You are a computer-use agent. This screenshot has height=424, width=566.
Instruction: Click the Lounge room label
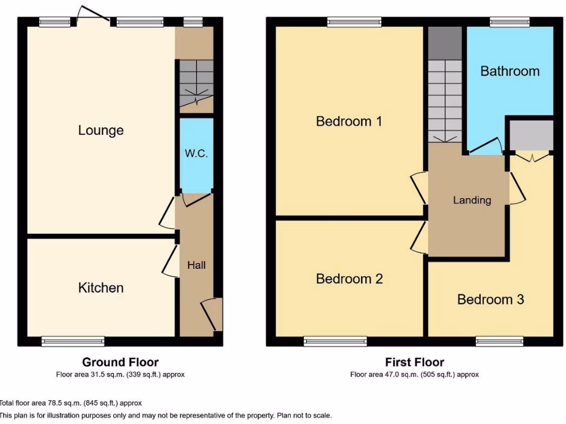click(101, 131)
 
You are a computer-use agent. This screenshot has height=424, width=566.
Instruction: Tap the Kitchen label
click(101, 288)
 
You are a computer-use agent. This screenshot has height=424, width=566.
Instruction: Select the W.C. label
click(196, 153)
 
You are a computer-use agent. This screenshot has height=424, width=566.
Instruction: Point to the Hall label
click(196, 266)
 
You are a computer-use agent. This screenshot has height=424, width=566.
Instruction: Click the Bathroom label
click(510, 71)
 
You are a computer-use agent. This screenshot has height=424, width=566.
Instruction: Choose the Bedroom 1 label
click(349, 121)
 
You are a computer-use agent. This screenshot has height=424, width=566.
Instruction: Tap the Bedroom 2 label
click(349, 279)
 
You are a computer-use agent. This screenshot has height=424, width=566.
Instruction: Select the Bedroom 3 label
click(490, 299)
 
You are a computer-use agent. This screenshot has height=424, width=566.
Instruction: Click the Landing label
click(472, 200)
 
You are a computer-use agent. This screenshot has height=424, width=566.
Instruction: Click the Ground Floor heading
click(120, 362)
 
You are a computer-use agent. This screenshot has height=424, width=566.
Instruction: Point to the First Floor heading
click(415, 362)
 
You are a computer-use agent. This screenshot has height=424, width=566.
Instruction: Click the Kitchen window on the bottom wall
click(73, 342)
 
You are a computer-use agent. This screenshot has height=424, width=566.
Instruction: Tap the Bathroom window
click(510, 22)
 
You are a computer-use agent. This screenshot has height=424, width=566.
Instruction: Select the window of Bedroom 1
click(354, 22)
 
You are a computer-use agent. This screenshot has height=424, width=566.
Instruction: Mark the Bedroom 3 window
click(500, 342)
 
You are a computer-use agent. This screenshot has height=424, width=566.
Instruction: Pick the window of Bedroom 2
click(335, 342)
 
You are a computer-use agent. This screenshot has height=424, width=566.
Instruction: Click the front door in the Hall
click(211, 315)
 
